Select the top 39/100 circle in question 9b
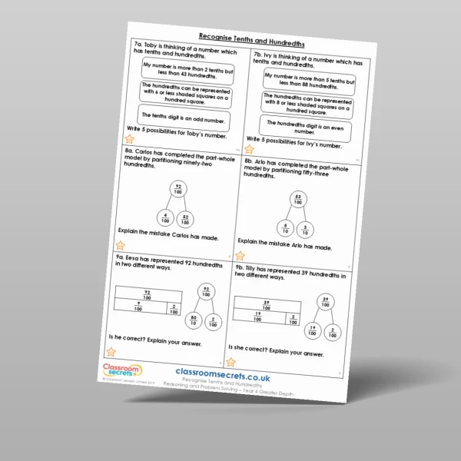(326, 300)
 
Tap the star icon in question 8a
(120, 244)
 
